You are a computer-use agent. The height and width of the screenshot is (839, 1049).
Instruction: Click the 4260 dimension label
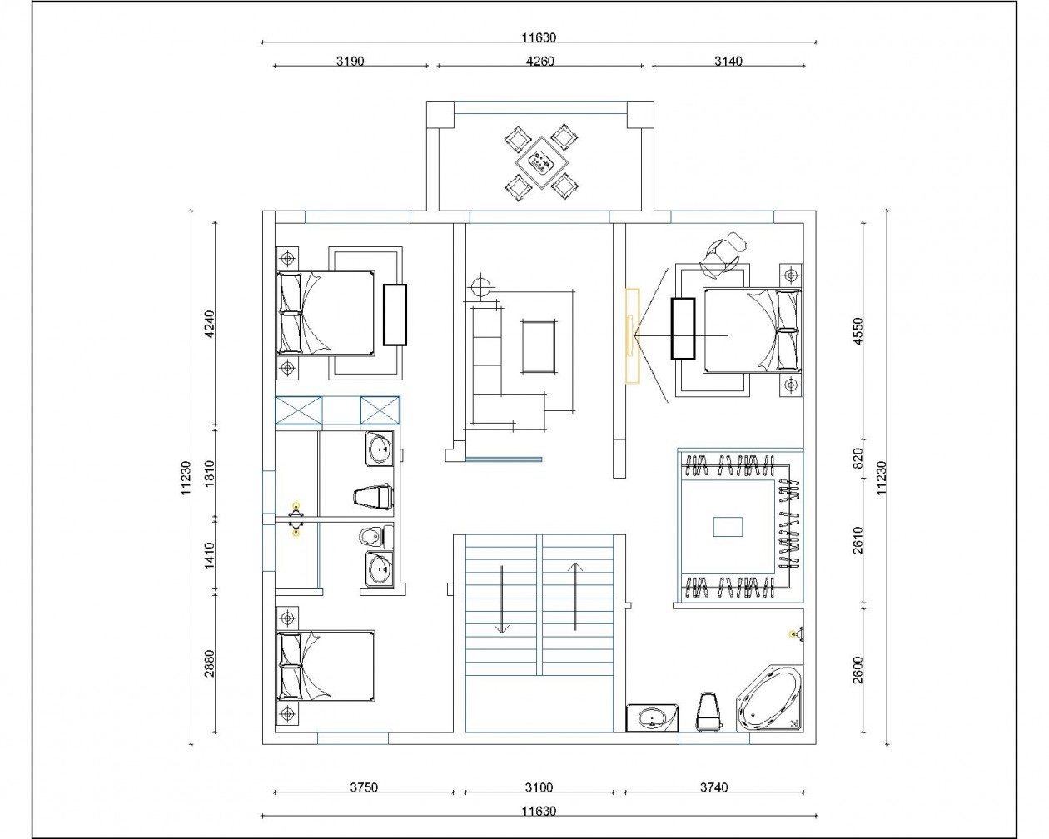point(540,61)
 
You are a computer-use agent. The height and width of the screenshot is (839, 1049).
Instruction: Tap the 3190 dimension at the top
point(350,61)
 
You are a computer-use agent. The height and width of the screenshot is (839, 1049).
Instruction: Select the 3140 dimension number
point(728,61)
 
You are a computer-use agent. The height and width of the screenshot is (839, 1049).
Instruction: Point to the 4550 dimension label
point(858,331)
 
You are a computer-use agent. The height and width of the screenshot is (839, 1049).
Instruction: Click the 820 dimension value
point(858,458)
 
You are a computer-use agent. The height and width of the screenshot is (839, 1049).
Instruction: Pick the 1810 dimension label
point(209,473)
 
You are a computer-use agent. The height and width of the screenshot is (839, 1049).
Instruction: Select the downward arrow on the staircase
point(501,599)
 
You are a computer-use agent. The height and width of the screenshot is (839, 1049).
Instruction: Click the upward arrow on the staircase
point(575,597)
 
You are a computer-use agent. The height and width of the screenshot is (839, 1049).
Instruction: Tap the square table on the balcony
point(541,162)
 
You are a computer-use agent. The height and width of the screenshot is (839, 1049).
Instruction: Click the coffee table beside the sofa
point(539,347)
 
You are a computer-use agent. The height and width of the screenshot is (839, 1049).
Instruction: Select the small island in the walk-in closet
point(728,527)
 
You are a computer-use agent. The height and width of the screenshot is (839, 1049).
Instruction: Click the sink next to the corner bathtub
point(652,717)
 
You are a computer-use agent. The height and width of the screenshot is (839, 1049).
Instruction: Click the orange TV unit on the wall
point(632,336)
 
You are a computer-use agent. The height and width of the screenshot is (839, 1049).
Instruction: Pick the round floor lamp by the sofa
point(480,286)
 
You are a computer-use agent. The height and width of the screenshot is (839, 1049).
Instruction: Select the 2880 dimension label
point(209,663)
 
